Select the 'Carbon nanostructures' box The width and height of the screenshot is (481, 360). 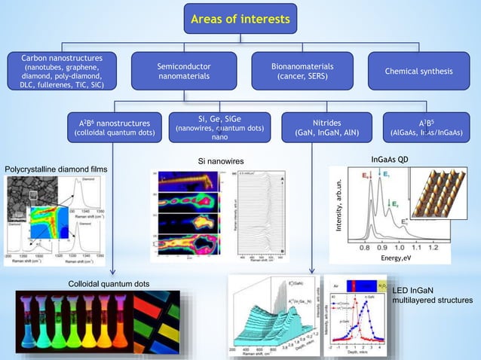(x=62, y=72)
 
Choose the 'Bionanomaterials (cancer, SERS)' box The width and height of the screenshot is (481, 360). (x=301, y=72)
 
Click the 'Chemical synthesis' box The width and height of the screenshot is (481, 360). (x=418, y=72)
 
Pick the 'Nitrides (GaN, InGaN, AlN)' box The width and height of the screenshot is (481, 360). (x=326, y=127)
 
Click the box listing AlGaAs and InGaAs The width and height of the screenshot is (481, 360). (x=426, y=127)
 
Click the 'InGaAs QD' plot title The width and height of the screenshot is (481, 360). (x=392, y=160)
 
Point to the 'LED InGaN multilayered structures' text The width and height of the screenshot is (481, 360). (x=433, y=295)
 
